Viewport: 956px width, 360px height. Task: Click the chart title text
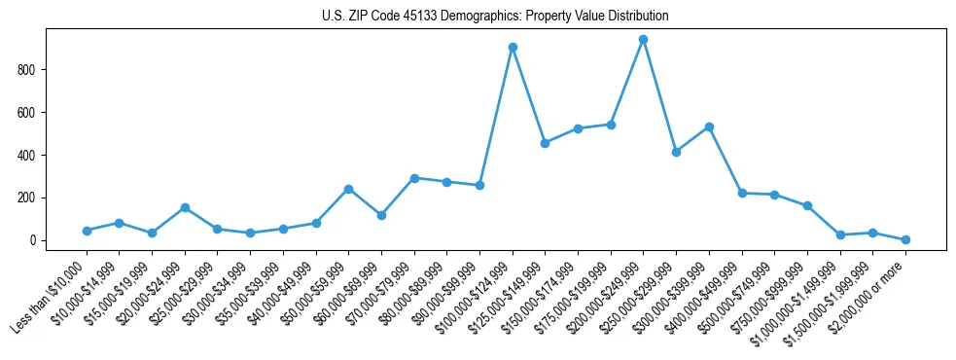point(495,17)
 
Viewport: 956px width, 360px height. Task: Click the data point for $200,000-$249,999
point(643,40)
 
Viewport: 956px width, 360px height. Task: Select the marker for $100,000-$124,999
point(513,47)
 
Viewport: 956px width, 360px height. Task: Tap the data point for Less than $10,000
point(87,231)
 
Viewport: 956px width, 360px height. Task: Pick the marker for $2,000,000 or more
point(905,239)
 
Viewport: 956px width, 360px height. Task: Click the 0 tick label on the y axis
point(34,240)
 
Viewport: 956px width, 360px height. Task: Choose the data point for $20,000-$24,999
point(185,207)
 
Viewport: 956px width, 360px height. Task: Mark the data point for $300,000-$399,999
point(709,126)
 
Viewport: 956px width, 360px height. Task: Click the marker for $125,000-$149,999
point(545,143)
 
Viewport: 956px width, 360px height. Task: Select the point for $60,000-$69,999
point(381,215)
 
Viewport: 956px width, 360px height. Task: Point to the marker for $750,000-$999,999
point(807,205)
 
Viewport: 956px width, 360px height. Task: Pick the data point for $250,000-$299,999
point(676,152)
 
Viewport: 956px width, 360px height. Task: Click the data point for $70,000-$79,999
point(414,178)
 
